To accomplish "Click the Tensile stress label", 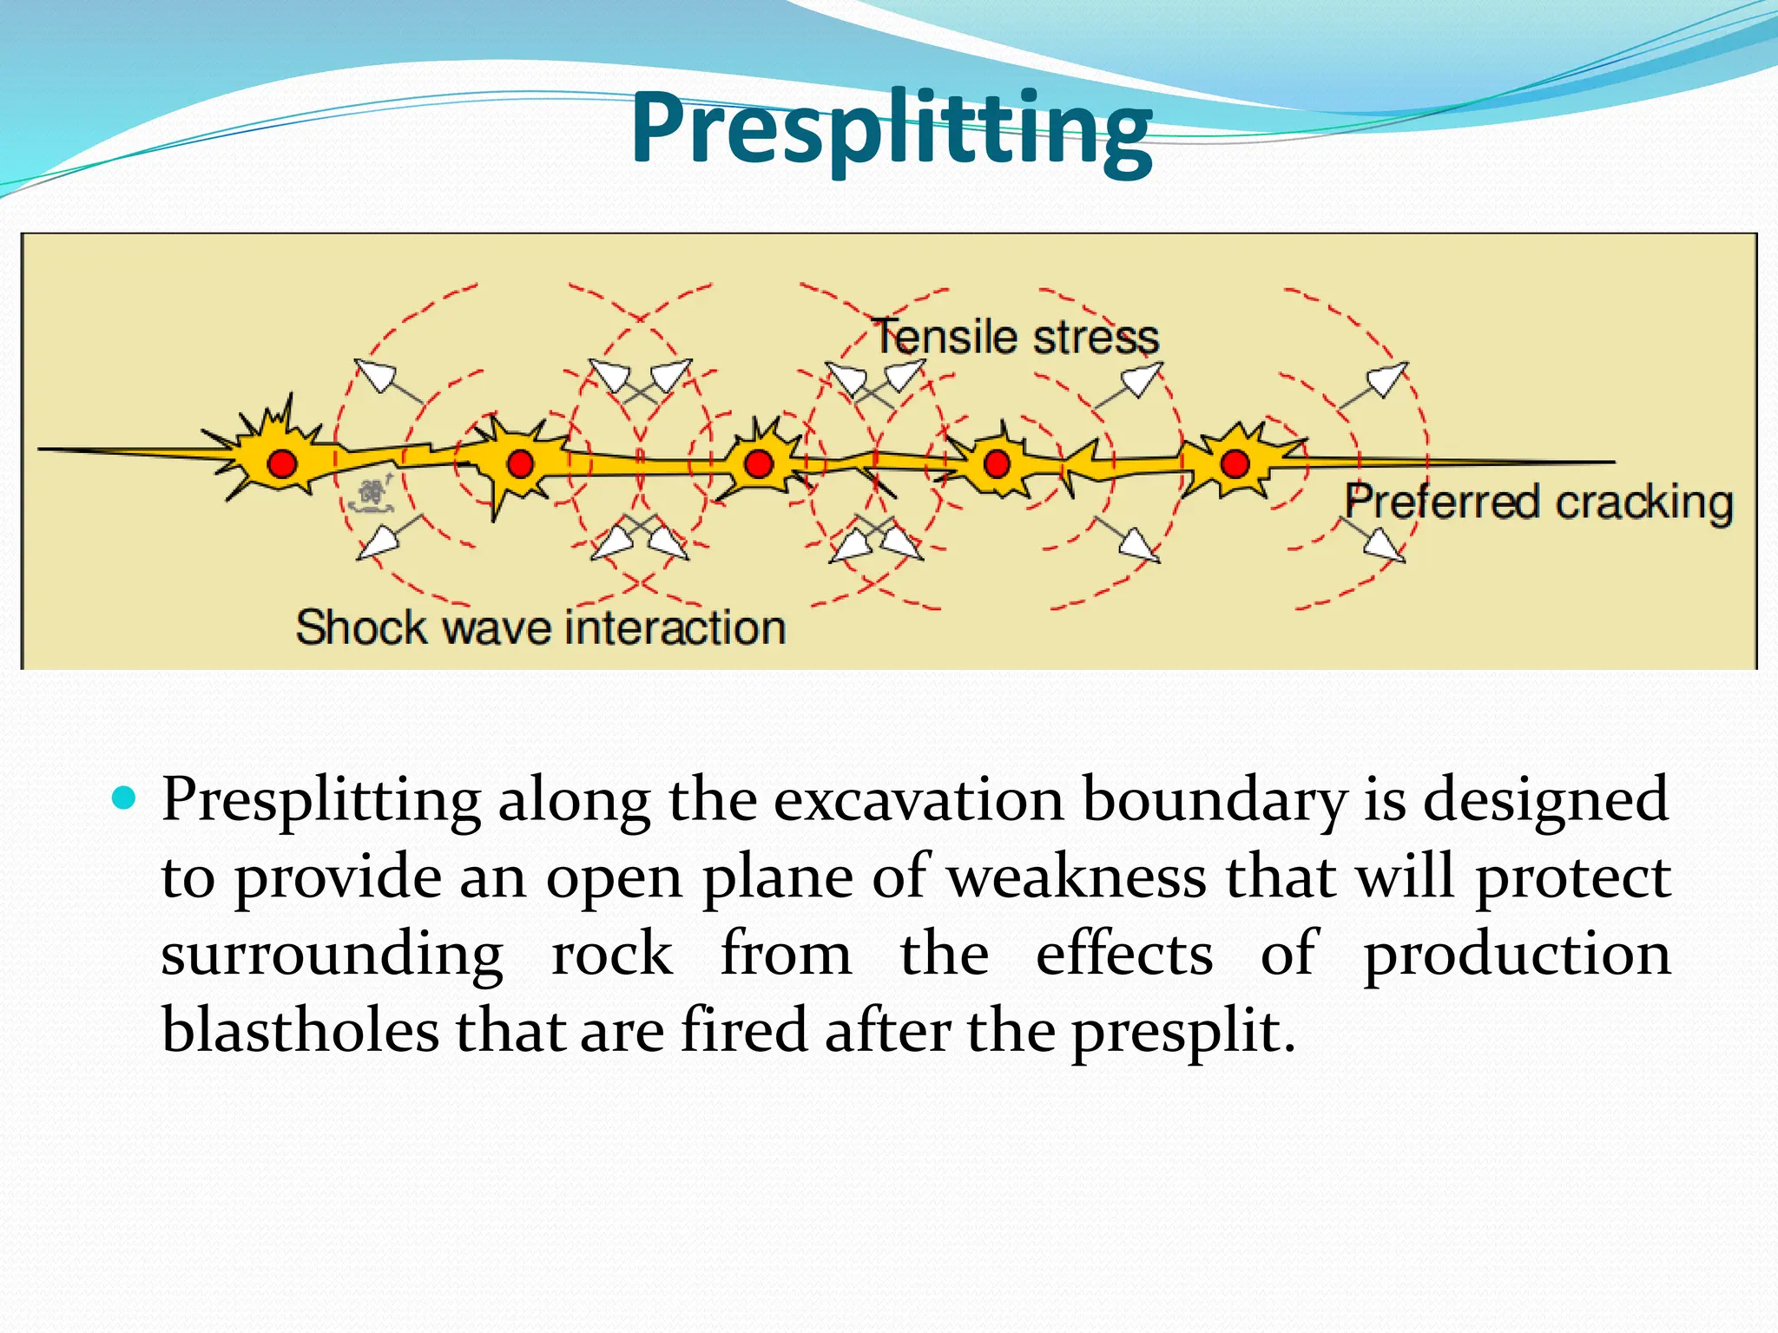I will [1016, 337].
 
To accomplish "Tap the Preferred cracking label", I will [1538, 502].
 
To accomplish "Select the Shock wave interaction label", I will [540, 627].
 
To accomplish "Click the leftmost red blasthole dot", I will [282, 463].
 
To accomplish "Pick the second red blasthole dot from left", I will [520, 463].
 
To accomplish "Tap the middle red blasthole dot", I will [759, 463].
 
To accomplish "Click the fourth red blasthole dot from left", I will [997, 463].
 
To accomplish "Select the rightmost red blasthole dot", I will [1235, 463].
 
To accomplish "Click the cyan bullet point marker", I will [125, 798].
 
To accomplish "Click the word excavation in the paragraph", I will [918, 800].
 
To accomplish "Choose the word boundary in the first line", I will [1215, 800].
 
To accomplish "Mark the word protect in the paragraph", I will [1572, 877].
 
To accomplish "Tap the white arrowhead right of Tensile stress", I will [1143, 378].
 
